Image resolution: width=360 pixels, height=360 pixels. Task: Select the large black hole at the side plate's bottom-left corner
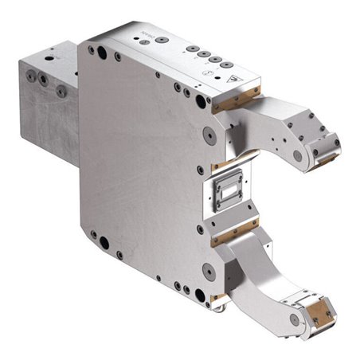click(x=95, y=235)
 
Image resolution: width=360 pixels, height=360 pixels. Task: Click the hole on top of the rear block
click(x=53, y=57)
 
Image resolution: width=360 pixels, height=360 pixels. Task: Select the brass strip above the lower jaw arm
click(x=233, y=235)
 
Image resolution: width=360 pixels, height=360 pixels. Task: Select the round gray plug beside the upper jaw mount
click(x=209, y=136)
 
